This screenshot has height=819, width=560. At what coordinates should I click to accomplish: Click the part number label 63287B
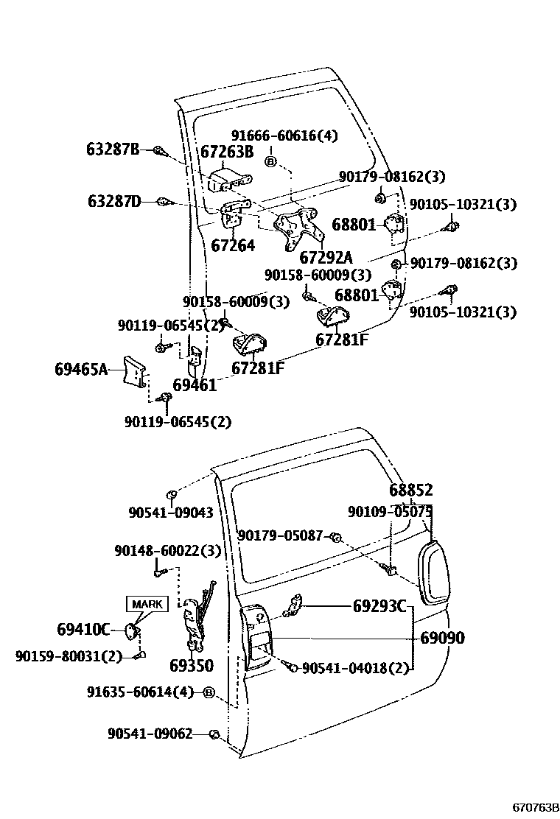pos(113,150)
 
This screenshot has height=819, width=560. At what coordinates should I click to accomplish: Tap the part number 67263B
pos(227,152)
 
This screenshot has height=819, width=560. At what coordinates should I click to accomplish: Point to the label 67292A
pos(326,258)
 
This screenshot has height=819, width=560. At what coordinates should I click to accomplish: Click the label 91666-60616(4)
pos(273,136)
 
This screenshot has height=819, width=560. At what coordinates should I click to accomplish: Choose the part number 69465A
pos(80,368)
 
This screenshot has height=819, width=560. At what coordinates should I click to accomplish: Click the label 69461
pos(195,385)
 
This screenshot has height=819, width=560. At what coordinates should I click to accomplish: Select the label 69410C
pos(83,629)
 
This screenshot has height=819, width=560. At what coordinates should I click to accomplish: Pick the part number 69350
pos(191,665)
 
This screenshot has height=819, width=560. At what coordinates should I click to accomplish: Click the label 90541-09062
pos(150,734)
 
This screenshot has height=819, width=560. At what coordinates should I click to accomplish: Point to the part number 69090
pos(442,638)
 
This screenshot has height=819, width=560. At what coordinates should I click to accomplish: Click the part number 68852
pos(410,491)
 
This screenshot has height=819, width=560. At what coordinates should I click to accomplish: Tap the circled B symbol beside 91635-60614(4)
pos(209,692)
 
